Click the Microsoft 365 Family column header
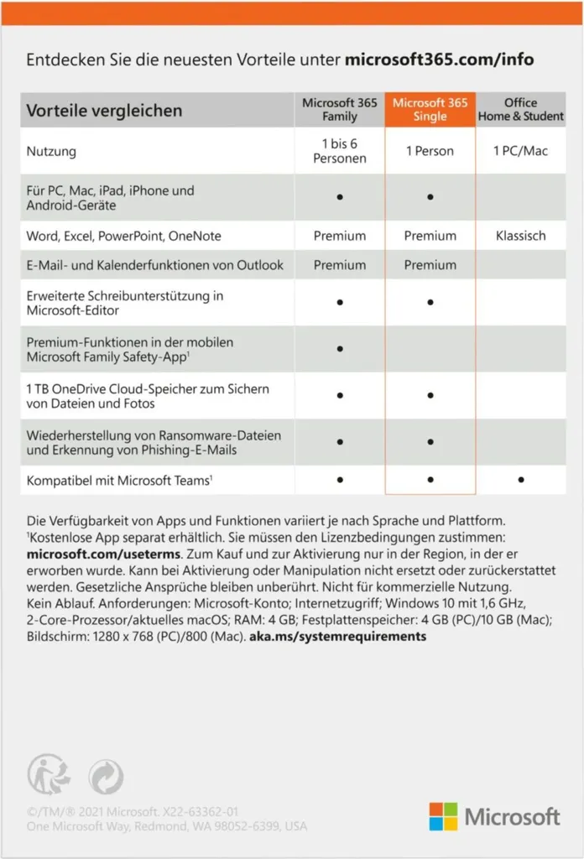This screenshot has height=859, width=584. tap(340, 110)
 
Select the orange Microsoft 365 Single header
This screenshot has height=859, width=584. tap(430, 110)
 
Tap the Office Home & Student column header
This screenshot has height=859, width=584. tap(521, 110)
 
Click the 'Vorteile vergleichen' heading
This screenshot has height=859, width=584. tap(104, 111)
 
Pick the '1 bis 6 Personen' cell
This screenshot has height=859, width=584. tap(340, 151)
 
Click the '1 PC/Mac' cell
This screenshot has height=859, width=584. tap(521, 151)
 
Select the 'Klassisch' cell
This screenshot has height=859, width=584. tap(521, 236)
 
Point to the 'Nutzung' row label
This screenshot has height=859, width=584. tap(51, 152)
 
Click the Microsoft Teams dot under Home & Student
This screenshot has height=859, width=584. tap(521, 480)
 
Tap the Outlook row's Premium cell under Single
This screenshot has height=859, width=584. tap(430, 265)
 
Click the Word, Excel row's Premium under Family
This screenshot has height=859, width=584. tap(340, 236)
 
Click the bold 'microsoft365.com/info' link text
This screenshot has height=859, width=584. tap(439, 60)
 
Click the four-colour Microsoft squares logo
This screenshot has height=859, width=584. tap(444, 816)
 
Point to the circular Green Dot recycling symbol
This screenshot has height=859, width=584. tap(105, 774)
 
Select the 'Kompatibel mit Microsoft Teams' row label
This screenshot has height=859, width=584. tap(117, 480)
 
